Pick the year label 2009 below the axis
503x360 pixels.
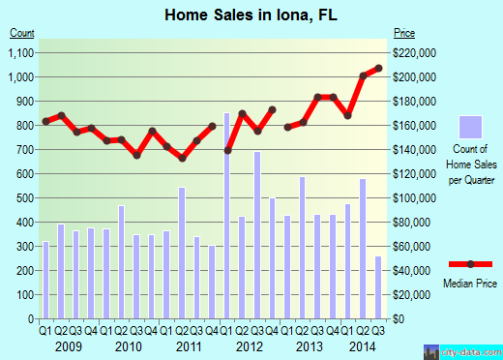coord(68,345)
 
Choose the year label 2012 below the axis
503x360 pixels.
coord(250,345)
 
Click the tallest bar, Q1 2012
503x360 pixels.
coord(227,215)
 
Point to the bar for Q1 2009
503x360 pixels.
coord(45,280)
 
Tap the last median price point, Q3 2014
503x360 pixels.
coord(378,68)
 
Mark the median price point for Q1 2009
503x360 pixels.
coord(45,121)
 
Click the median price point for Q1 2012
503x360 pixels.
coord(227,150)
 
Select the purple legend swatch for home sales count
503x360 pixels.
coord(471,128)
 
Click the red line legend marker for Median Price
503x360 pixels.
coord(471,263)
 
